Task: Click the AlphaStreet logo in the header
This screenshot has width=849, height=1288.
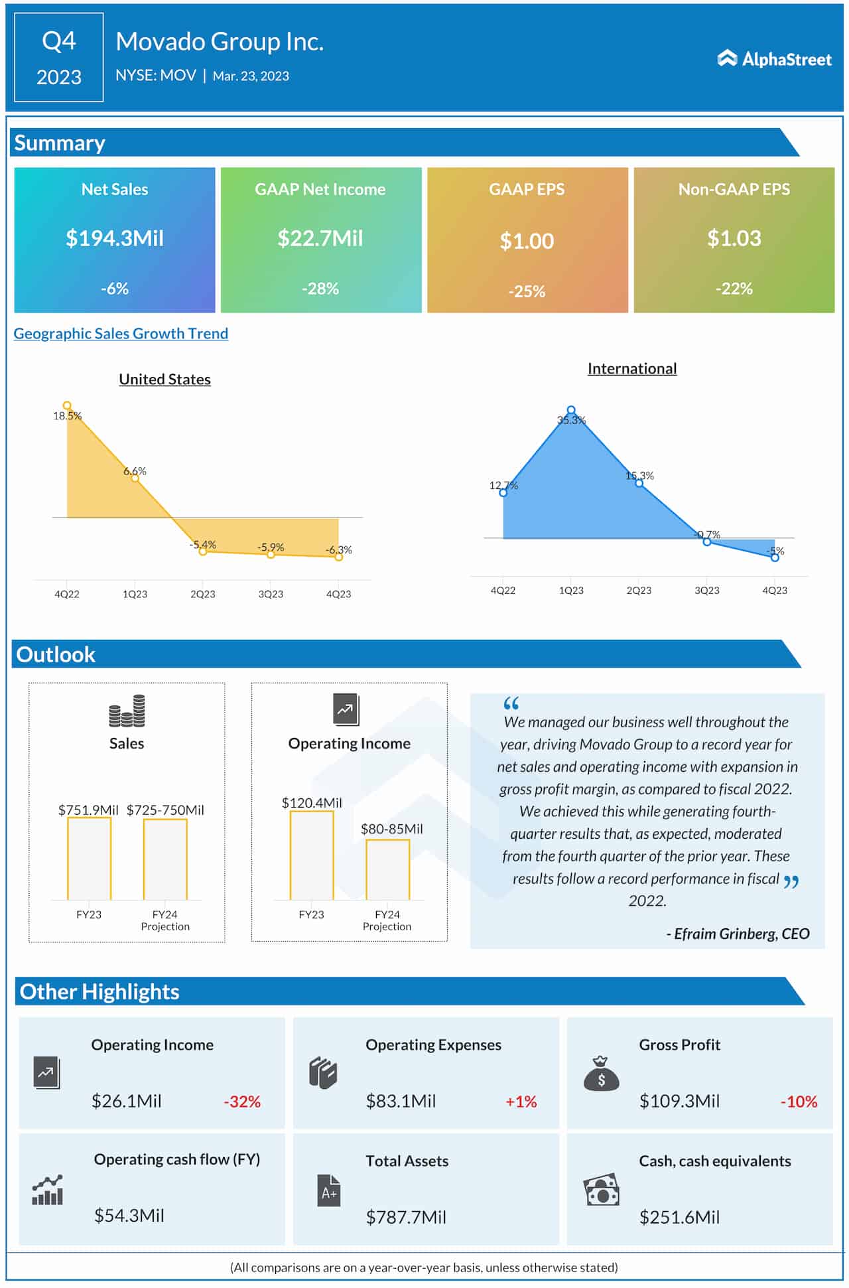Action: [774, 59]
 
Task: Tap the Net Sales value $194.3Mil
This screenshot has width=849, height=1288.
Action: [115, 238]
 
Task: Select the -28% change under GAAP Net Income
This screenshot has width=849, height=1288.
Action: [320, 289]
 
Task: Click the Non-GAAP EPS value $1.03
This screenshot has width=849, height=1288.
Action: [734, 238]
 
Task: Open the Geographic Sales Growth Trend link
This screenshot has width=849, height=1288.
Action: [121, 334]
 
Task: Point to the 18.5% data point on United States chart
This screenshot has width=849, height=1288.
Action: [67, 405]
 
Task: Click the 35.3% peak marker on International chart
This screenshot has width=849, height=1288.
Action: [571, 410]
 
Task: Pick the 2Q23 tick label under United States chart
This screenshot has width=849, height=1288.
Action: [203, 594]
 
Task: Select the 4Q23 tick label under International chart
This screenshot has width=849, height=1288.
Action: [775, 590]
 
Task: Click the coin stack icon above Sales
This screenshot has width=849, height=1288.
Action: [127, 711]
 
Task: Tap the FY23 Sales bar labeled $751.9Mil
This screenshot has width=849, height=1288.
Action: [89, 859]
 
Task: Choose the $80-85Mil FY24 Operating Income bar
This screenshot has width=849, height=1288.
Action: [388, 870]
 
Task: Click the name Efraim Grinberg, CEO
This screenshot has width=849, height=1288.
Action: [738, 934]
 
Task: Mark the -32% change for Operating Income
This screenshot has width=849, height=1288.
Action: [242, 1102]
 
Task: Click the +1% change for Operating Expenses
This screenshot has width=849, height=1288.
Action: [521, 1102]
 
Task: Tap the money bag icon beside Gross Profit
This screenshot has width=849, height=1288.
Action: [601, 1074]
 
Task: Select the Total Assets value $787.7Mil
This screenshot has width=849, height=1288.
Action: [406, 1217]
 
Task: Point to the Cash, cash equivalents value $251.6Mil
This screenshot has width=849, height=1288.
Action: [679, 1217]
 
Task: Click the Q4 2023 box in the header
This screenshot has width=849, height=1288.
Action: [59, 58]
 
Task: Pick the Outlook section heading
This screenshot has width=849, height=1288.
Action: [56, 655]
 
